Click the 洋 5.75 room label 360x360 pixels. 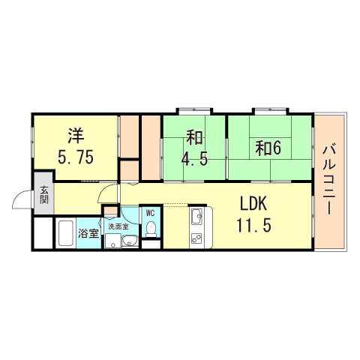tap(75, 146)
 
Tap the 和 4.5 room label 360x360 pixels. tap(194, 149)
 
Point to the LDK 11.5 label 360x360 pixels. tap(253, 214)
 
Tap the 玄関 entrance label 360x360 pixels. tap(43, 196)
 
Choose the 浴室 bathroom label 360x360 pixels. tap(89, 232)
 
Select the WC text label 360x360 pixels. tap(150, 212)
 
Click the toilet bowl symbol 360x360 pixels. tap(150, 227)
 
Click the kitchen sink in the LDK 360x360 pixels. tap(197, 218)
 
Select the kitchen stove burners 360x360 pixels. tap(198, 239)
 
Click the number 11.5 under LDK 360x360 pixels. tap(253, 225)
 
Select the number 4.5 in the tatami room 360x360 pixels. tap(194, 159)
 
